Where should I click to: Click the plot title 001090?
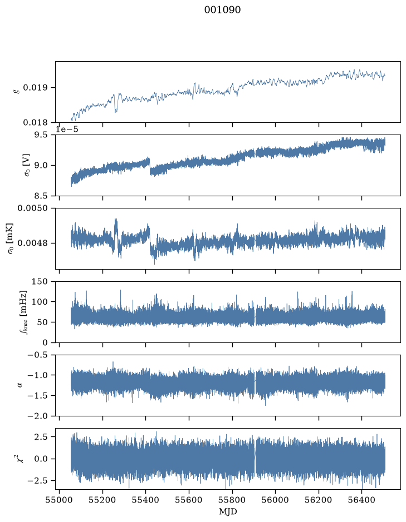(222, 9)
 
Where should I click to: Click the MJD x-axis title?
(228, 511)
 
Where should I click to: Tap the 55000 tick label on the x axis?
(60, 500)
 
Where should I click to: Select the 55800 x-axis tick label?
(232, 500)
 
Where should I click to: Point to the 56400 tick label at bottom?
(362, 500)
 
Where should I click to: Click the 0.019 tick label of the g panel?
(35, 88)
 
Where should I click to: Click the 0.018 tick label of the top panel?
(35, 123)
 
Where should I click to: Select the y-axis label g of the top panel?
(17, 91)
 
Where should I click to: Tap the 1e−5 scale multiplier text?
(67, 129)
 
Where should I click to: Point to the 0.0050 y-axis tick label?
(33, 208)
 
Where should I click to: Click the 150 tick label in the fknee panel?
(40, 282)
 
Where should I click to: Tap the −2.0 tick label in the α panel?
(38, 416)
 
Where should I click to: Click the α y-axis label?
(20, 385)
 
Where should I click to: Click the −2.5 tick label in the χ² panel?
(38, 481)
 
